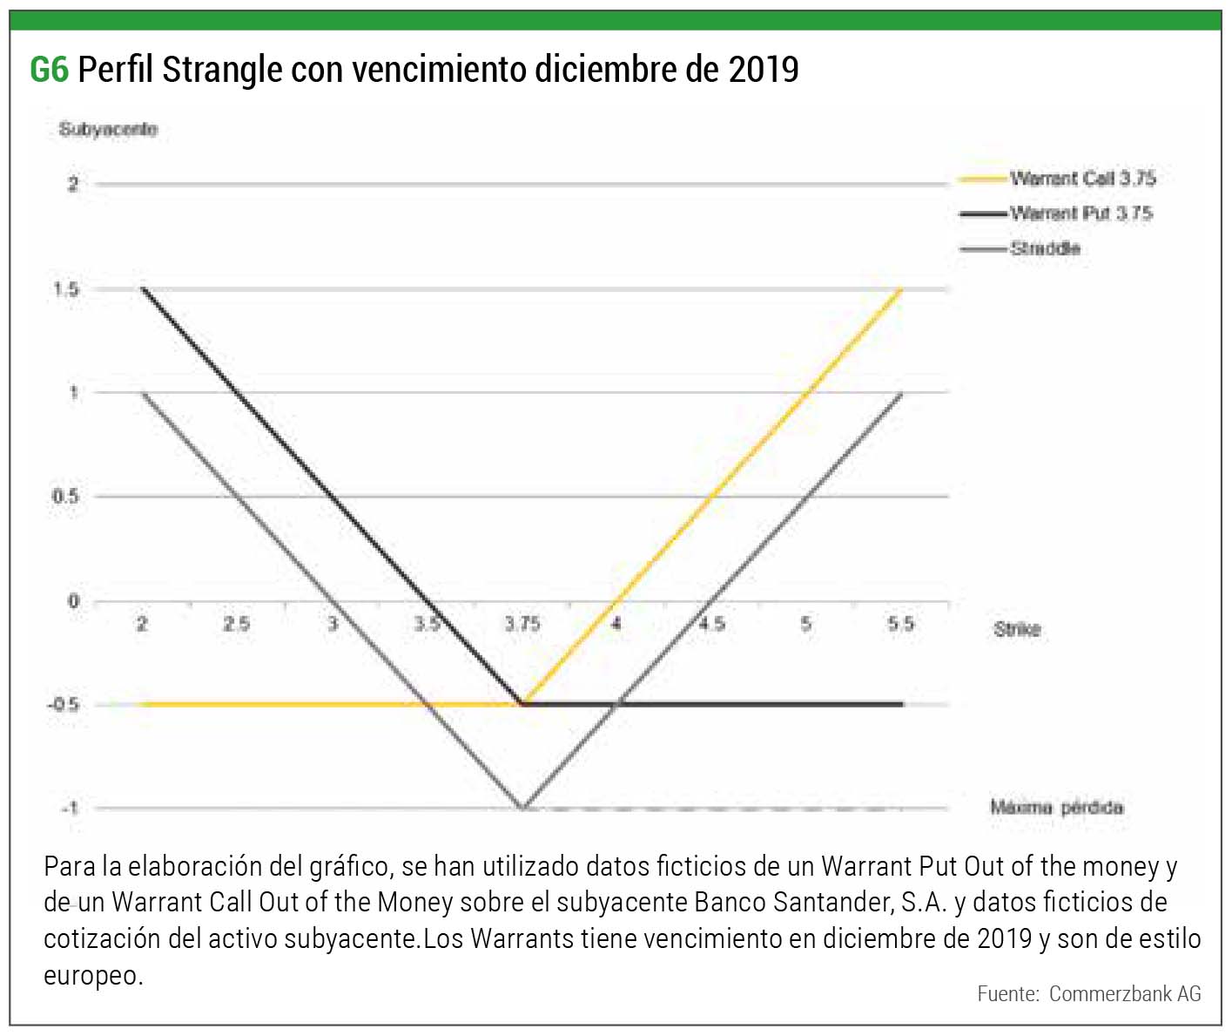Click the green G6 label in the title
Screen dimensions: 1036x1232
coord(49,70)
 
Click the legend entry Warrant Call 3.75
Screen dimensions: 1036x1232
coord(1082,179)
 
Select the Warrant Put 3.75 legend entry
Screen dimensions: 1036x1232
coord(1081,213)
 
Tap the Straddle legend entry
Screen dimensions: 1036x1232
coord(1045,249)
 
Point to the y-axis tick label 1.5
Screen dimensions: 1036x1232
coord(66,289)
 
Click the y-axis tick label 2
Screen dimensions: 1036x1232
coord(73,184)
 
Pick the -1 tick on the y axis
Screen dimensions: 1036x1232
coord(70,809)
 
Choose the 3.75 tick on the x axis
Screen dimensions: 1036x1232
coord(522,624)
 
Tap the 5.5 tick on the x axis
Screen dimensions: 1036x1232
coord(901,624)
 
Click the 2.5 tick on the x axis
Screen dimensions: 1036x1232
coord(236,624)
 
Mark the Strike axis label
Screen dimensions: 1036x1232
coord(1017,629)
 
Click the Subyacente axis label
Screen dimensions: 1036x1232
coord(108,130)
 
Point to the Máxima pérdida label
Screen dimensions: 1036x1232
coord(1056,808)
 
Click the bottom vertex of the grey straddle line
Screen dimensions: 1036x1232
coord(522,809)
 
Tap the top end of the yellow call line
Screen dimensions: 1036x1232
coord(902,289)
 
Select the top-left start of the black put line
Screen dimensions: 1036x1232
coord(143,288)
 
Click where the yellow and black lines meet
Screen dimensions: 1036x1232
coord(522,704)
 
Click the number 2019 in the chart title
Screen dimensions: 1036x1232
coord(764,70)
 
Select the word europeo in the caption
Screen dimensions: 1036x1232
coord(92,975)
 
